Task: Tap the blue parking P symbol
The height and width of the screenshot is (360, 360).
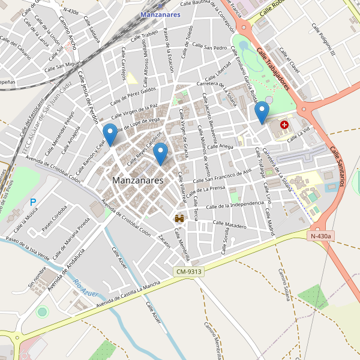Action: [34, 203]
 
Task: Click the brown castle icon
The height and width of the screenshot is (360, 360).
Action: [179, 220]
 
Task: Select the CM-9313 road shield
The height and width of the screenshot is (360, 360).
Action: [190, 272]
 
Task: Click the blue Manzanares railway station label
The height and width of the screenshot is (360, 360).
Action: [160, 14]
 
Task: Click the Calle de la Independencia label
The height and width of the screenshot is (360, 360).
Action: [235, 205]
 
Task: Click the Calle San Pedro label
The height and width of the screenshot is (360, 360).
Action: [209, 47]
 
